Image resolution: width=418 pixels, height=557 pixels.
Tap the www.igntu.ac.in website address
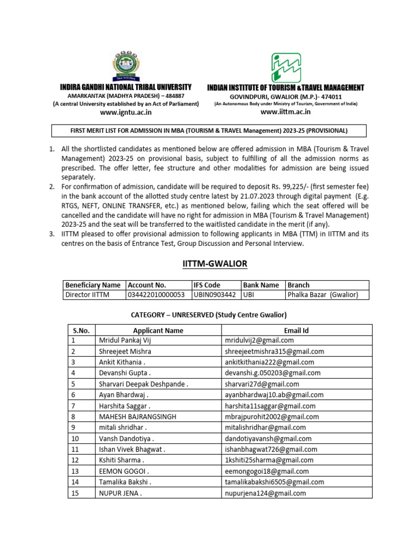[125, 112]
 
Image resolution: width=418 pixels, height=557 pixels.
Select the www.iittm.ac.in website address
[286, 112]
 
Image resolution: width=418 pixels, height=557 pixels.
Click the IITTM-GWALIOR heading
[214, 264]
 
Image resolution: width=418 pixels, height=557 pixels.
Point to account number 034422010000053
[156, 295]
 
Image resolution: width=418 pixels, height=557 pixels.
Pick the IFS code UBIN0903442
[215, 295]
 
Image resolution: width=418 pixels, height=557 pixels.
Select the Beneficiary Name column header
[93, 285]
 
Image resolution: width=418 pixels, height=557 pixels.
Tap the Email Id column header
[297, 330]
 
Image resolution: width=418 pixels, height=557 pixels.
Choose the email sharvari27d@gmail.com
[267, 383]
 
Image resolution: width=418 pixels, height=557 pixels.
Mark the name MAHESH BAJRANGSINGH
[138, 417]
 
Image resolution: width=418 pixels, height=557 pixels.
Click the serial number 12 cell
[75, 460]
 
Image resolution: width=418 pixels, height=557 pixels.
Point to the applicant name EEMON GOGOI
[124, 471]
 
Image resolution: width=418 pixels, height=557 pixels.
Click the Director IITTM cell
[87, 295]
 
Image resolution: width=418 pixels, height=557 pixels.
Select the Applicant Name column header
[158, 330]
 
